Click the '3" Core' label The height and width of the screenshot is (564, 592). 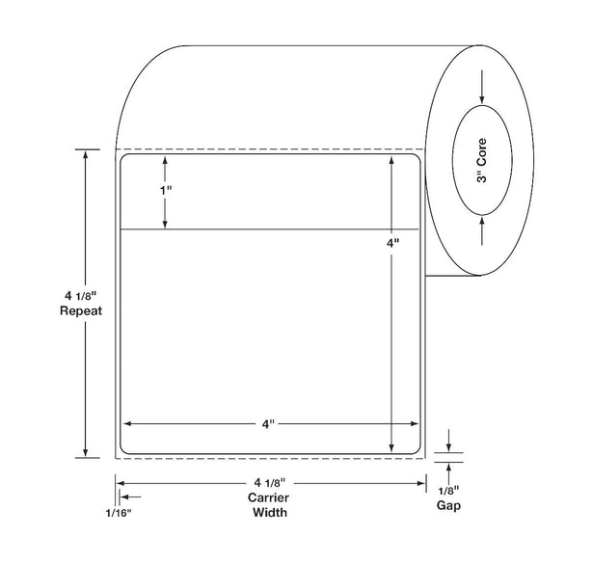481,161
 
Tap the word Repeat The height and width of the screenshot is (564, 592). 81,310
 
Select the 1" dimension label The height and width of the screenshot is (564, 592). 165,191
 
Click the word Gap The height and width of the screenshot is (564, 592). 448,505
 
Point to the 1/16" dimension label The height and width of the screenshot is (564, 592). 119,513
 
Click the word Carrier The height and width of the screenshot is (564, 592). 268,497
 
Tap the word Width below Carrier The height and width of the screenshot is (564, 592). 270,512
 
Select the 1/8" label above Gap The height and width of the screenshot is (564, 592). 448,491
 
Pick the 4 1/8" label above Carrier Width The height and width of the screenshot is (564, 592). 270,482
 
